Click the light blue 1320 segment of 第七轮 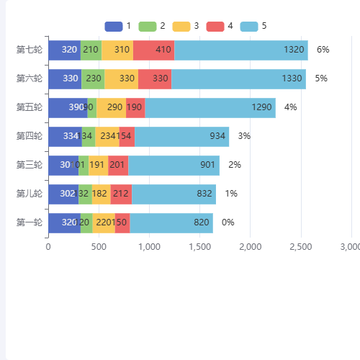point(240,50)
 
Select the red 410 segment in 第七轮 point(153,50)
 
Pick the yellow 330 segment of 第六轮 point(121,78)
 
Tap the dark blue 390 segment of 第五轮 point(68,107)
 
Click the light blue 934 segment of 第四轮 point(181,136)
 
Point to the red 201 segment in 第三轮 point(118,165)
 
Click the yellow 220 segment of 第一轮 point(104,222)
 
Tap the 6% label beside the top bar point(323,50)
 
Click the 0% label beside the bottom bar point(228,222)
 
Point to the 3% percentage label point(244,136)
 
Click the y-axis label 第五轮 point(30,107)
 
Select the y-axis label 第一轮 point(30,222)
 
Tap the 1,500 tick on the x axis point(199,247)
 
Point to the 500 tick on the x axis point(99,247)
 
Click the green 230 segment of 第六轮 point(93,78)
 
